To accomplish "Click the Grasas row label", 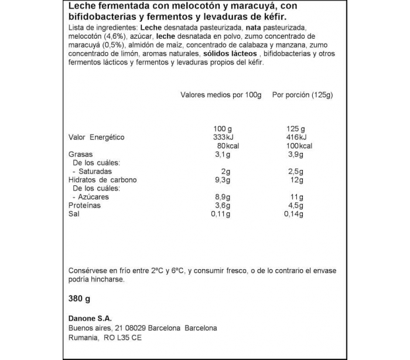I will [81, 155].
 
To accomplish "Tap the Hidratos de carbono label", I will [102, 180].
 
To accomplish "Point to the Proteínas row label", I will [85, 206].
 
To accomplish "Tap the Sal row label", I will [74, 214].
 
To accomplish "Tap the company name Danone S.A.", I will [90, 318].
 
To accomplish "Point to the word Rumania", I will [84, 338].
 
